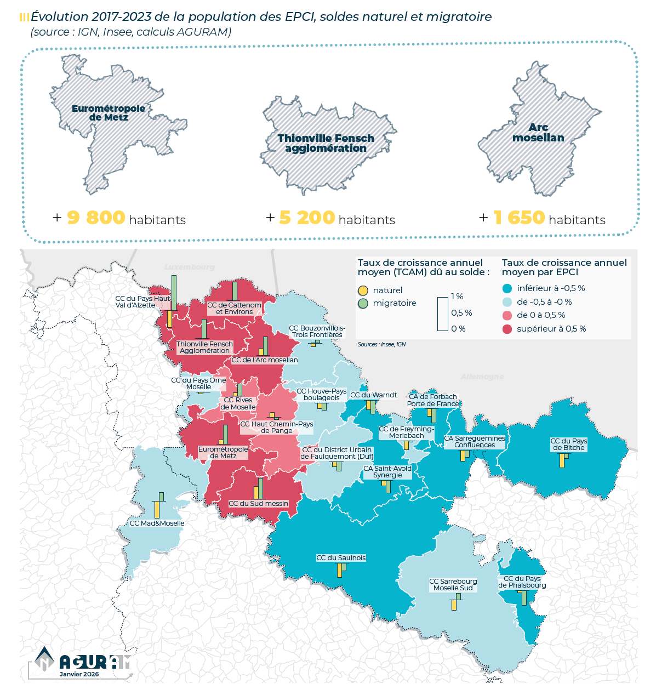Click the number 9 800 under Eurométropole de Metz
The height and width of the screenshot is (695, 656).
pos(96,218)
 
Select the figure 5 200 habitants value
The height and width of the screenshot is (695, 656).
pos(306,218)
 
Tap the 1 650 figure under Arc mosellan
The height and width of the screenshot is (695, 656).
pos(518,218)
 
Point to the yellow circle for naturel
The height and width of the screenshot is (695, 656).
pos(363,290)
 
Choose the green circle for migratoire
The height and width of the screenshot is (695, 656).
pos(363,303)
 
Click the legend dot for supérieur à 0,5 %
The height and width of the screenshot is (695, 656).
pos(507,329)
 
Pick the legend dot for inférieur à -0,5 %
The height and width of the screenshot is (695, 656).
pos(507,288)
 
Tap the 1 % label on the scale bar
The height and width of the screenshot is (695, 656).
pos(457,297)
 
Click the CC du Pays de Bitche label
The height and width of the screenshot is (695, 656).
pos(568,445)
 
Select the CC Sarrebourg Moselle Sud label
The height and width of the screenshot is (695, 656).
pos(453,585)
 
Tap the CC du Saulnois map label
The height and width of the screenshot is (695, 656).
pos(341,558)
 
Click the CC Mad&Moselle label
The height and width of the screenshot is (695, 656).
pos(157,523)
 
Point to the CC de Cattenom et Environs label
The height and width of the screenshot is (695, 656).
pos(234,309)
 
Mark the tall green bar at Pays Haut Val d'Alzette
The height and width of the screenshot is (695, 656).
pos(174,293)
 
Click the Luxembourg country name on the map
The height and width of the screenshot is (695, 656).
pos(190,267)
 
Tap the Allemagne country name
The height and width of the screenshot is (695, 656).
pos(482,377)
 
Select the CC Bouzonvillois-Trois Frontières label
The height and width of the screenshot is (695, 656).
pos(317,332)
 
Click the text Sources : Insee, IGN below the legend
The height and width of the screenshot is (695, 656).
pos(381,345)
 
